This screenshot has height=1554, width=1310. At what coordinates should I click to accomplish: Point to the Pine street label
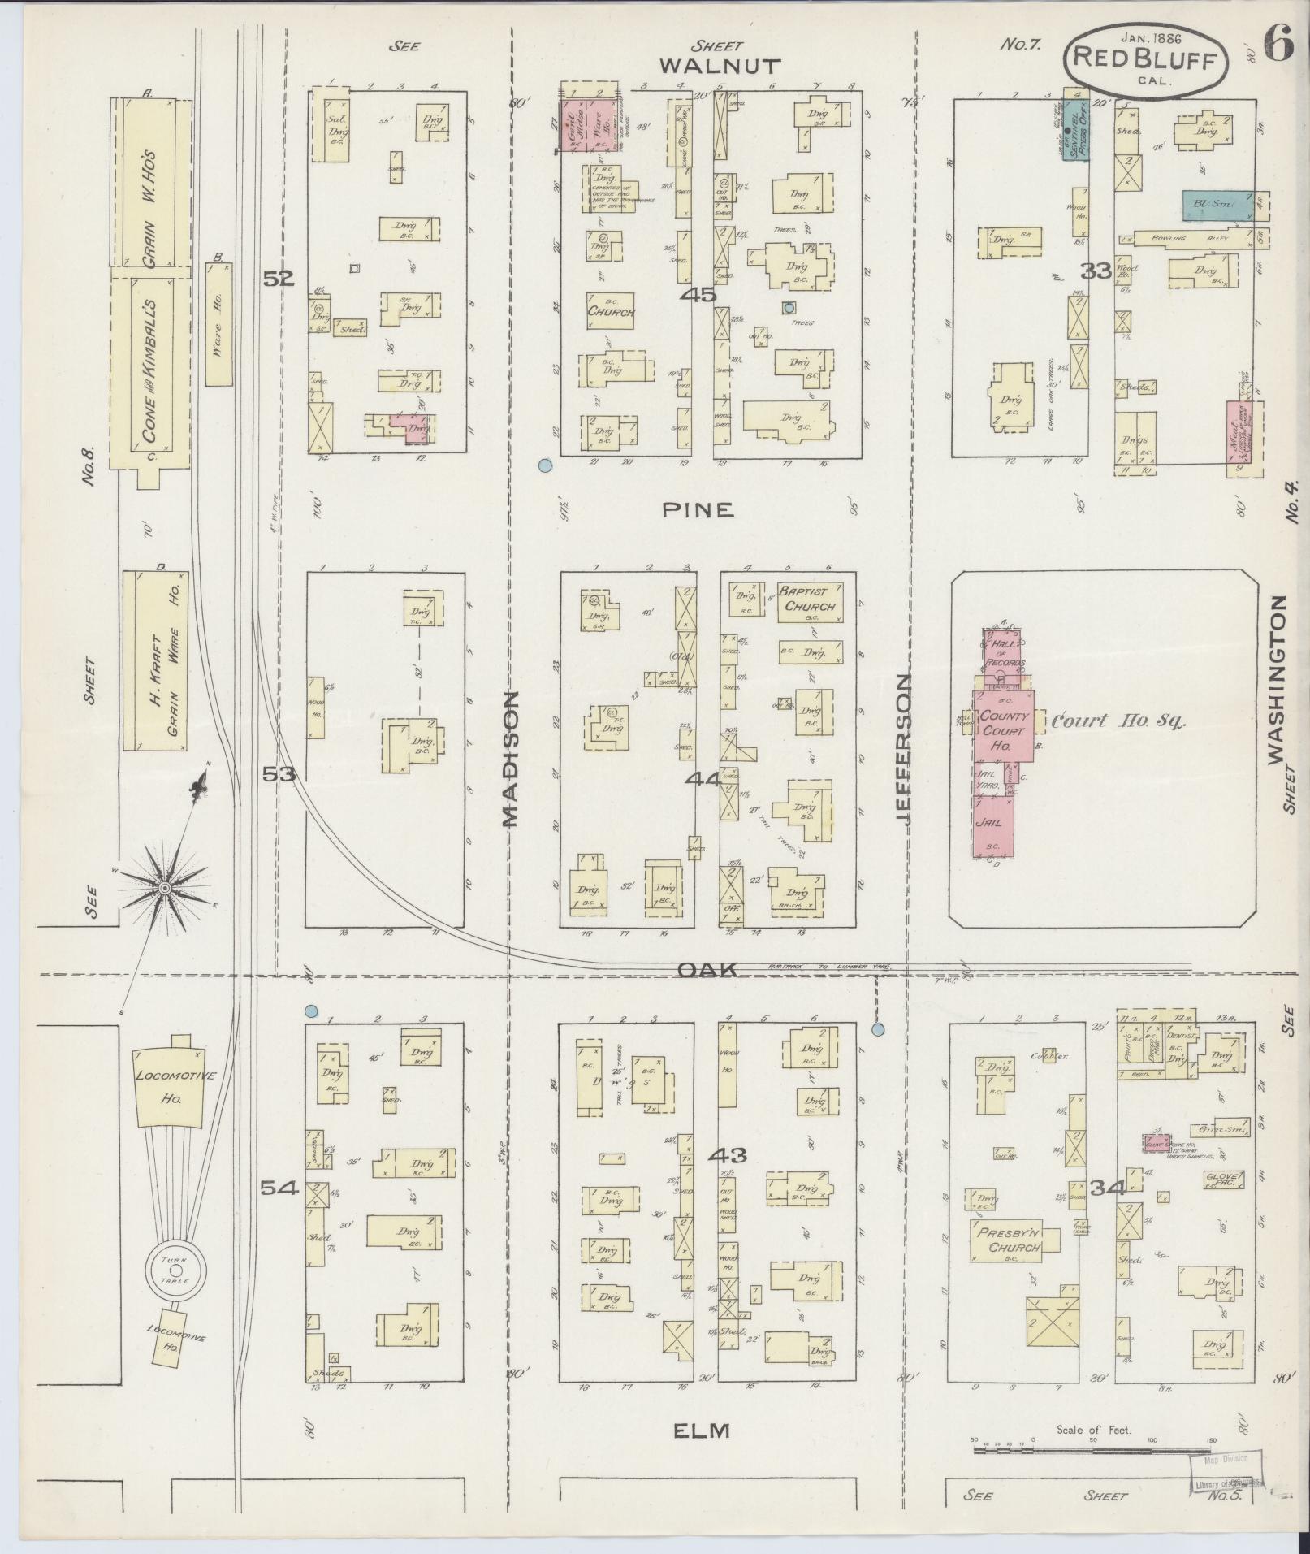[698, 509]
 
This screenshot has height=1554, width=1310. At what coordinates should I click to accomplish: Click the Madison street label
[509, 759]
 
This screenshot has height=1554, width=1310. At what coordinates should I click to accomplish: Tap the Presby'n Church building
[1010, 1241]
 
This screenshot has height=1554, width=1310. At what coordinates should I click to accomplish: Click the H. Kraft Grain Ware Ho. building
[155, 660]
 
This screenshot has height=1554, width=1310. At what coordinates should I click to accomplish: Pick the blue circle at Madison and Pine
[546, 465]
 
